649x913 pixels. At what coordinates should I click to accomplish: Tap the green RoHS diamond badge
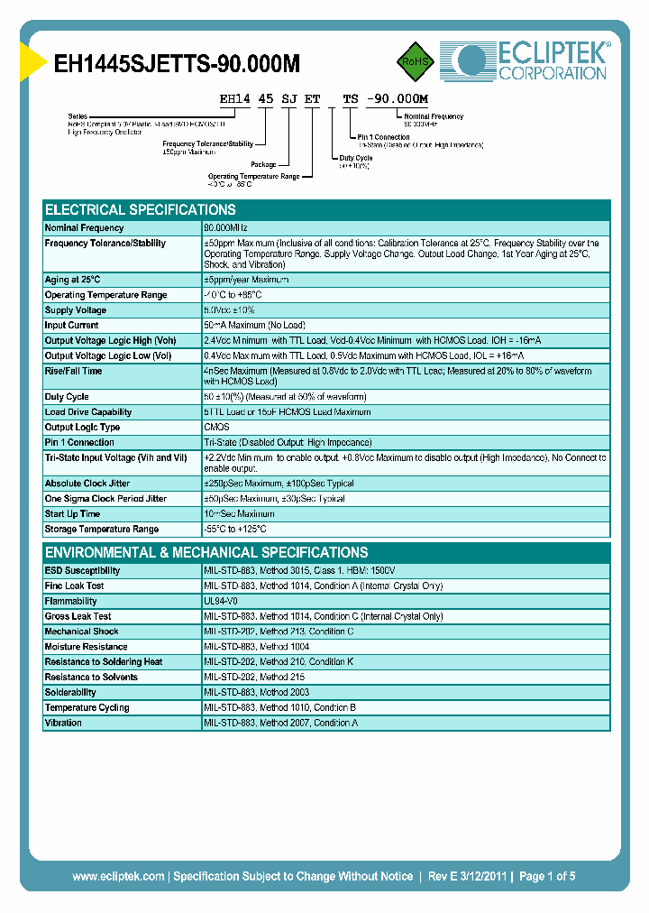click(416, 62)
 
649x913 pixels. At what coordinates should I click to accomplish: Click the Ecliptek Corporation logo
click(525, 61)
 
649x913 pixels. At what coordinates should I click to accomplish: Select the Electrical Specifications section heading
click(141, 209)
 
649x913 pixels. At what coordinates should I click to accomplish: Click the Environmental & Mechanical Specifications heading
click(206, 552)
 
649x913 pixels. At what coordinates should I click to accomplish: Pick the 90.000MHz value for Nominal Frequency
click(225, 228)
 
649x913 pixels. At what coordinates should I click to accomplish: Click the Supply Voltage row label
click(76, 310)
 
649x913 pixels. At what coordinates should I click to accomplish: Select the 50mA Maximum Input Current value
click(254, 326)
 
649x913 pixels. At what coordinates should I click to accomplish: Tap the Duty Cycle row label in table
click(67, 397)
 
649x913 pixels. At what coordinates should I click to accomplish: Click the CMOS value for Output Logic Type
click(216, 428)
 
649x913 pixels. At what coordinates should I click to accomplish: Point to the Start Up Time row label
click(73, 514)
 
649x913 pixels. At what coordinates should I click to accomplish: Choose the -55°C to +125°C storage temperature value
click(235, 530)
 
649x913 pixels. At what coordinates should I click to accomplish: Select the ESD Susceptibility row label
click(82, 571)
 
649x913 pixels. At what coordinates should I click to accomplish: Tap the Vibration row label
click(63, 723)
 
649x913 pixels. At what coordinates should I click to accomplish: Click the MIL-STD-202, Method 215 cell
click(255, 677)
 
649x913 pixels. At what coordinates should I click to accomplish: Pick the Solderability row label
click(69, 692)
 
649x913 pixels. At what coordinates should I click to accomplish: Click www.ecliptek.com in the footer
click(118, 876)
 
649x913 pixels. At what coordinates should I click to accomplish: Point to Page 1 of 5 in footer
click(546, 876)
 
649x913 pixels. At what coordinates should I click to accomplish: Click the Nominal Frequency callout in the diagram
click(434, 116)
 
